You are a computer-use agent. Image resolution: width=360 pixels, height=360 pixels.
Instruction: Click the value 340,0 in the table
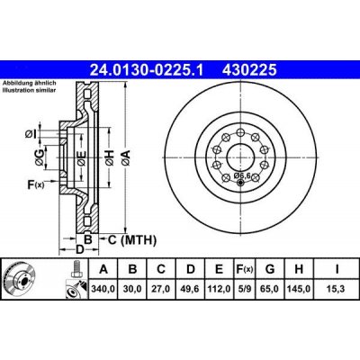pos(103,290)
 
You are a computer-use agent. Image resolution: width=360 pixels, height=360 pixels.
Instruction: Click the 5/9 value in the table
pos(243,290)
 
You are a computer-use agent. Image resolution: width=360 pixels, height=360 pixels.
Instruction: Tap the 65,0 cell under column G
pos(269,290)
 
